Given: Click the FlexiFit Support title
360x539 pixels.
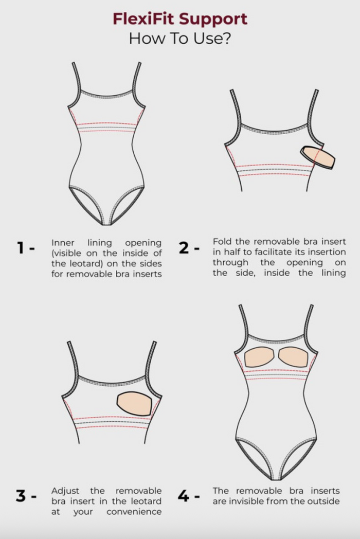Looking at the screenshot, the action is (x=180, y=19).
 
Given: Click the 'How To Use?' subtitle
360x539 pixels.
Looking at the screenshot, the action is (x=180, y=39).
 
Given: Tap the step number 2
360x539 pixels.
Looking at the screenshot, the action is (x=184, y=248).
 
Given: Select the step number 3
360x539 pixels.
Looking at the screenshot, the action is (x=21, y=496).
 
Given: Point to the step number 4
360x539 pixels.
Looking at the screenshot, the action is (x=184, y=496).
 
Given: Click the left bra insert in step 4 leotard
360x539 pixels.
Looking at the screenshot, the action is (x=259, y=357).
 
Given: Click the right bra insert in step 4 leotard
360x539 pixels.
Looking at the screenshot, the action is (x=293, y=357).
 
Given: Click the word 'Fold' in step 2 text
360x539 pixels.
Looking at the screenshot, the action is (x=222, y=241).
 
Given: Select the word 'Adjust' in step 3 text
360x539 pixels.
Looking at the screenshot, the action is (x=65, y=491).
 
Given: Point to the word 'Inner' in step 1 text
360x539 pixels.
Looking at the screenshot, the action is (x=63, y=243).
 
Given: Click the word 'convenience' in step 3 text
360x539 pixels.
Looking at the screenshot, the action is (x=134, y=512).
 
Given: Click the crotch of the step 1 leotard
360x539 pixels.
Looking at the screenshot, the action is (x=107, y=223).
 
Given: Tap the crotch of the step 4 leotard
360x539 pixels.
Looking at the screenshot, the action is (x=277, y=478).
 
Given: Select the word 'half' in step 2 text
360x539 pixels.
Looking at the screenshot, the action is (x=231, y=252).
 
